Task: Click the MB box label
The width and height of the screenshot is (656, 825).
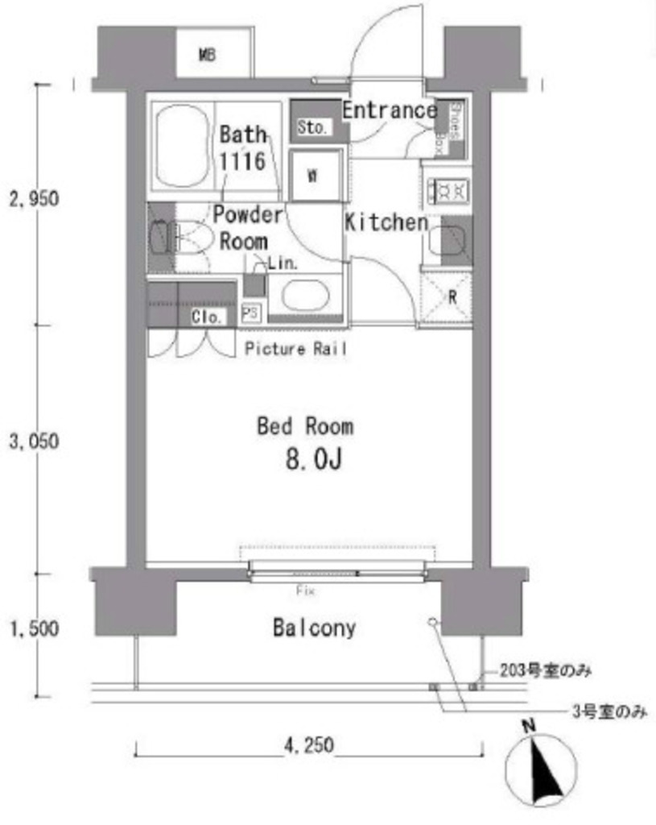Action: click(x=207, y=56)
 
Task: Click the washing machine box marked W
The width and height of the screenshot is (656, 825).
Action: click(x=311, y=177)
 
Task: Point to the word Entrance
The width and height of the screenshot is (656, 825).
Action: click(x=390, y=110)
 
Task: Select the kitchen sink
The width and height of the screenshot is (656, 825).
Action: click(x=448, y=243)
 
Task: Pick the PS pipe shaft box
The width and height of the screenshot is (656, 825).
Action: click(x=250, y=313)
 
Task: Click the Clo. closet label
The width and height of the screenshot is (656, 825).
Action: click(x=207, y=317)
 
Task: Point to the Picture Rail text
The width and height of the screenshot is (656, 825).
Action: click(x=296, y=349)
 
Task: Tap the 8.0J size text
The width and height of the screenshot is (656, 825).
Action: click(x=313, y=460)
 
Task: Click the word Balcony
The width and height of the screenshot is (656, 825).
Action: click(x=314, y=628)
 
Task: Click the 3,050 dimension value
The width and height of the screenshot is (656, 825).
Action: click(x=33, y=442)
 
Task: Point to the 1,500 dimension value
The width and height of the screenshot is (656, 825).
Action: click(x=33, y=628)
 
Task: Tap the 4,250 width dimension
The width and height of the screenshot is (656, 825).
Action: click(x=308, y=746)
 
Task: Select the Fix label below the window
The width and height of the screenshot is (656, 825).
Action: click(x=305, y=591)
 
